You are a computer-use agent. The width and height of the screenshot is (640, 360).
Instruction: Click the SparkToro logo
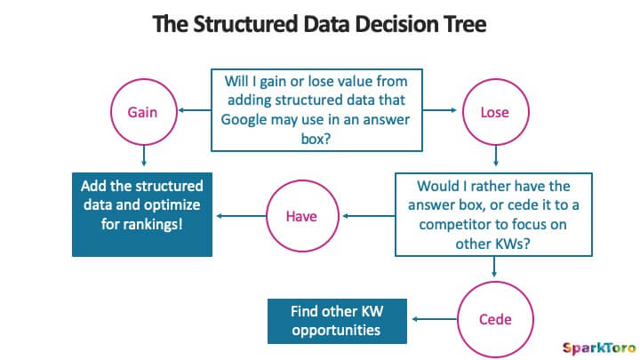(x=599, y=348)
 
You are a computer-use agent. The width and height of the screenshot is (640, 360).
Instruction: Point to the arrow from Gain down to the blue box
(x=144, y=156)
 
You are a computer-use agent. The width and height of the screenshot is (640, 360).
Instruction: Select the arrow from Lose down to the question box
(x=496, y=156)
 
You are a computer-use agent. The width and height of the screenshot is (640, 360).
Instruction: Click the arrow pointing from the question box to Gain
(x=195, y=110)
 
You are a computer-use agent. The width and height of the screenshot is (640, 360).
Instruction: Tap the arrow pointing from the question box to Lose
(x=439, y=110)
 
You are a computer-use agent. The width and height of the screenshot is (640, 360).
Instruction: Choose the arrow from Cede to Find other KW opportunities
(x=435, y=319)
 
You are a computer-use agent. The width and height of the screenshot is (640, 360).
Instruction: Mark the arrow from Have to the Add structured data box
(x=241, y=216)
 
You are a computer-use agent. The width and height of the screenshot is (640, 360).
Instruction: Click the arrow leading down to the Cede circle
(x=494, y=267)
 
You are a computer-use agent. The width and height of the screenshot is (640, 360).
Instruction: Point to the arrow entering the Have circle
(x=369, y=216)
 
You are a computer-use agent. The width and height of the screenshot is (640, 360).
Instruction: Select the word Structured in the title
(x=245, y=24)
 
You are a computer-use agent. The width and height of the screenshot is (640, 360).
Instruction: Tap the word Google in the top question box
(x=244, y=120)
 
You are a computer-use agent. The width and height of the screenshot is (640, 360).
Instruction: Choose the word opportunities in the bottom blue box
(x=336, y=330)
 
